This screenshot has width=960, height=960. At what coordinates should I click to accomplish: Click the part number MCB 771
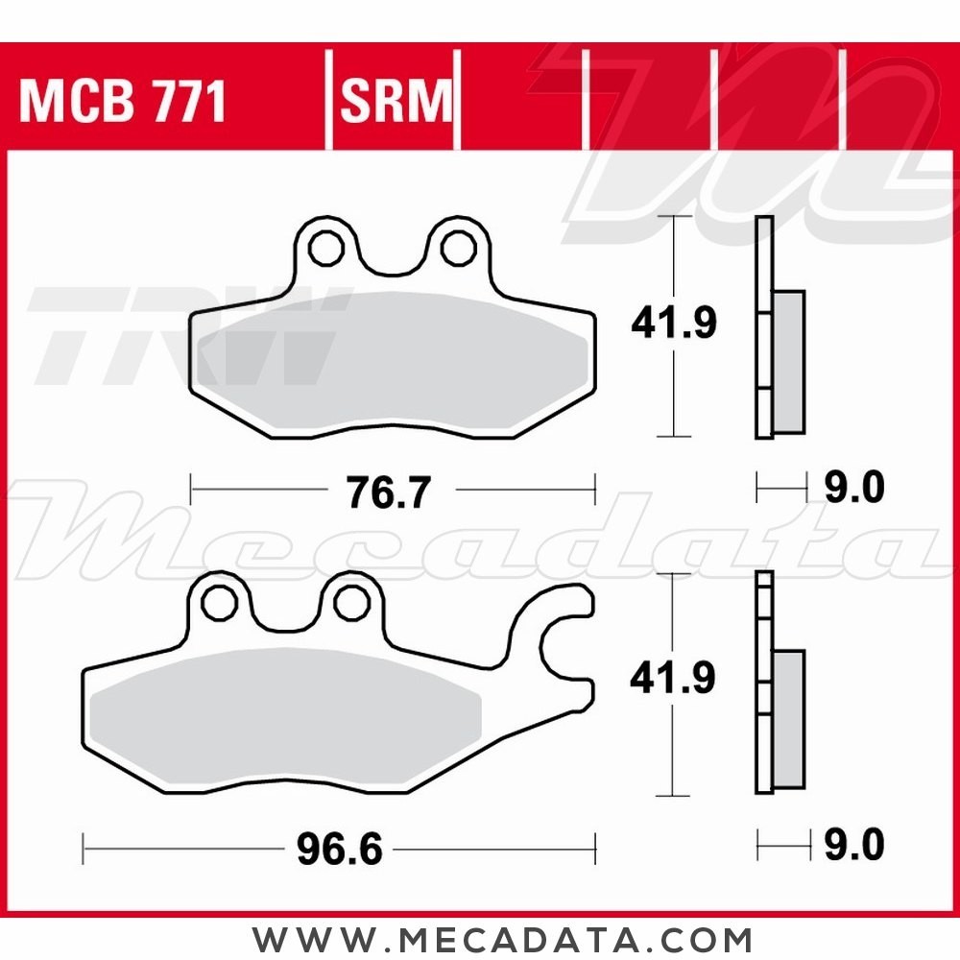122,102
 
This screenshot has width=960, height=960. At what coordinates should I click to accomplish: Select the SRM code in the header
395,102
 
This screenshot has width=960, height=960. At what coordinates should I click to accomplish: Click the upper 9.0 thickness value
853,489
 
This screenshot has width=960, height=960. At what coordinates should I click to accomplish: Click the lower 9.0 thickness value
853,846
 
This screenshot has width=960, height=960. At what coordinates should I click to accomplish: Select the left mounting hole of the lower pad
220,602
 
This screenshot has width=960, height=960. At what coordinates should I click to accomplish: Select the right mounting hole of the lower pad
350,602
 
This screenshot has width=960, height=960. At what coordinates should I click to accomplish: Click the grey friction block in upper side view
788,360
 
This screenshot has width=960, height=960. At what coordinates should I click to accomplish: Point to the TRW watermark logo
182,331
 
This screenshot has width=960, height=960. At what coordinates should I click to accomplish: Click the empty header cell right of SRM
522,102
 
